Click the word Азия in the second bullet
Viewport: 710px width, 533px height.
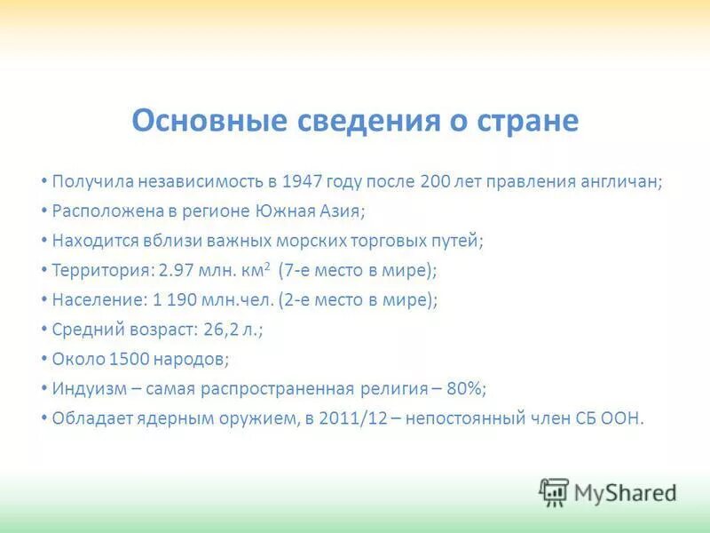tap(342, 211)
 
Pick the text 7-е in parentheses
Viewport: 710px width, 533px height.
tap(297, 270)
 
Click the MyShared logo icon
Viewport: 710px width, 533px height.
tap(554, 491)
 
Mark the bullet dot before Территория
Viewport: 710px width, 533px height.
tap(43, 269)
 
